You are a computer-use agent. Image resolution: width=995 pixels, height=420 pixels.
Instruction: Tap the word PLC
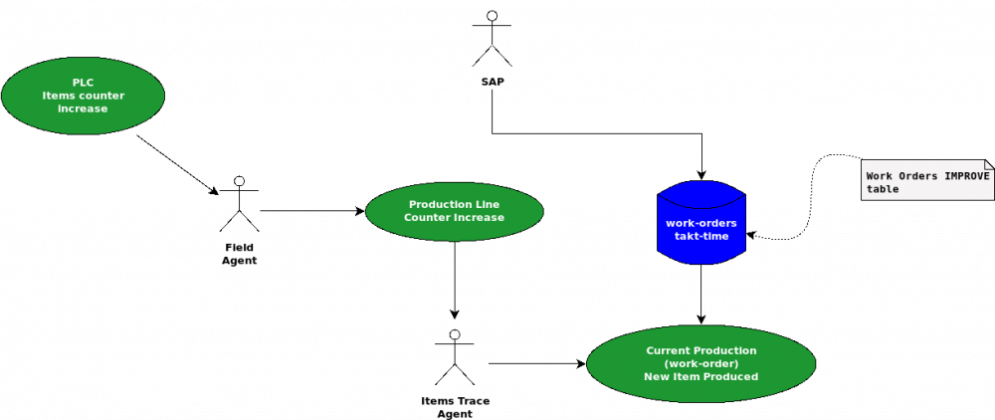tap(83, 83)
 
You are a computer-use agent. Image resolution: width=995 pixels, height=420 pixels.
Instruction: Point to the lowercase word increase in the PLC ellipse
tap(83, 108)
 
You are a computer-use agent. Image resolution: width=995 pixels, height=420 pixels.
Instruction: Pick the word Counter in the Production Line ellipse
tap(428, 217)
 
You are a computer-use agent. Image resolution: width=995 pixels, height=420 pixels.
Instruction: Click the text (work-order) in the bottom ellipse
tap(700, 363)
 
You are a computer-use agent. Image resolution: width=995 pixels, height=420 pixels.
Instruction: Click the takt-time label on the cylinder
tap(701, 236)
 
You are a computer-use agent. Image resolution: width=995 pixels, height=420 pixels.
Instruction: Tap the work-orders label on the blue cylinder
tap(701, 223)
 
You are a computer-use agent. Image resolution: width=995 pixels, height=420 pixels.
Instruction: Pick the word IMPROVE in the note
tap(966, 176)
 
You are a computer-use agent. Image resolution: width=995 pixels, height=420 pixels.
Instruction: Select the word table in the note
tap(883, 189)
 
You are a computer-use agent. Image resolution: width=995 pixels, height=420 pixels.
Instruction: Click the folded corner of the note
tap(988, 164)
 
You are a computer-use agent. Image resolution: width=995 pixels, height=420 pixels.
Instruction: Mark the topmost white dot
tap(492, 16)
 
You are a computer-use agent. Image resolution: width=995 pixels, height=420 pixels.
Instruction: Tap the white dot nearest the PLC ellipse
tap(239, 181)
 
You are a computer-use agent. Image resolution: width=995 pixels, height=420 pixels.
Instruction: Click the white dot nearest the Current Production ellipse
tap(455, 334)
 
